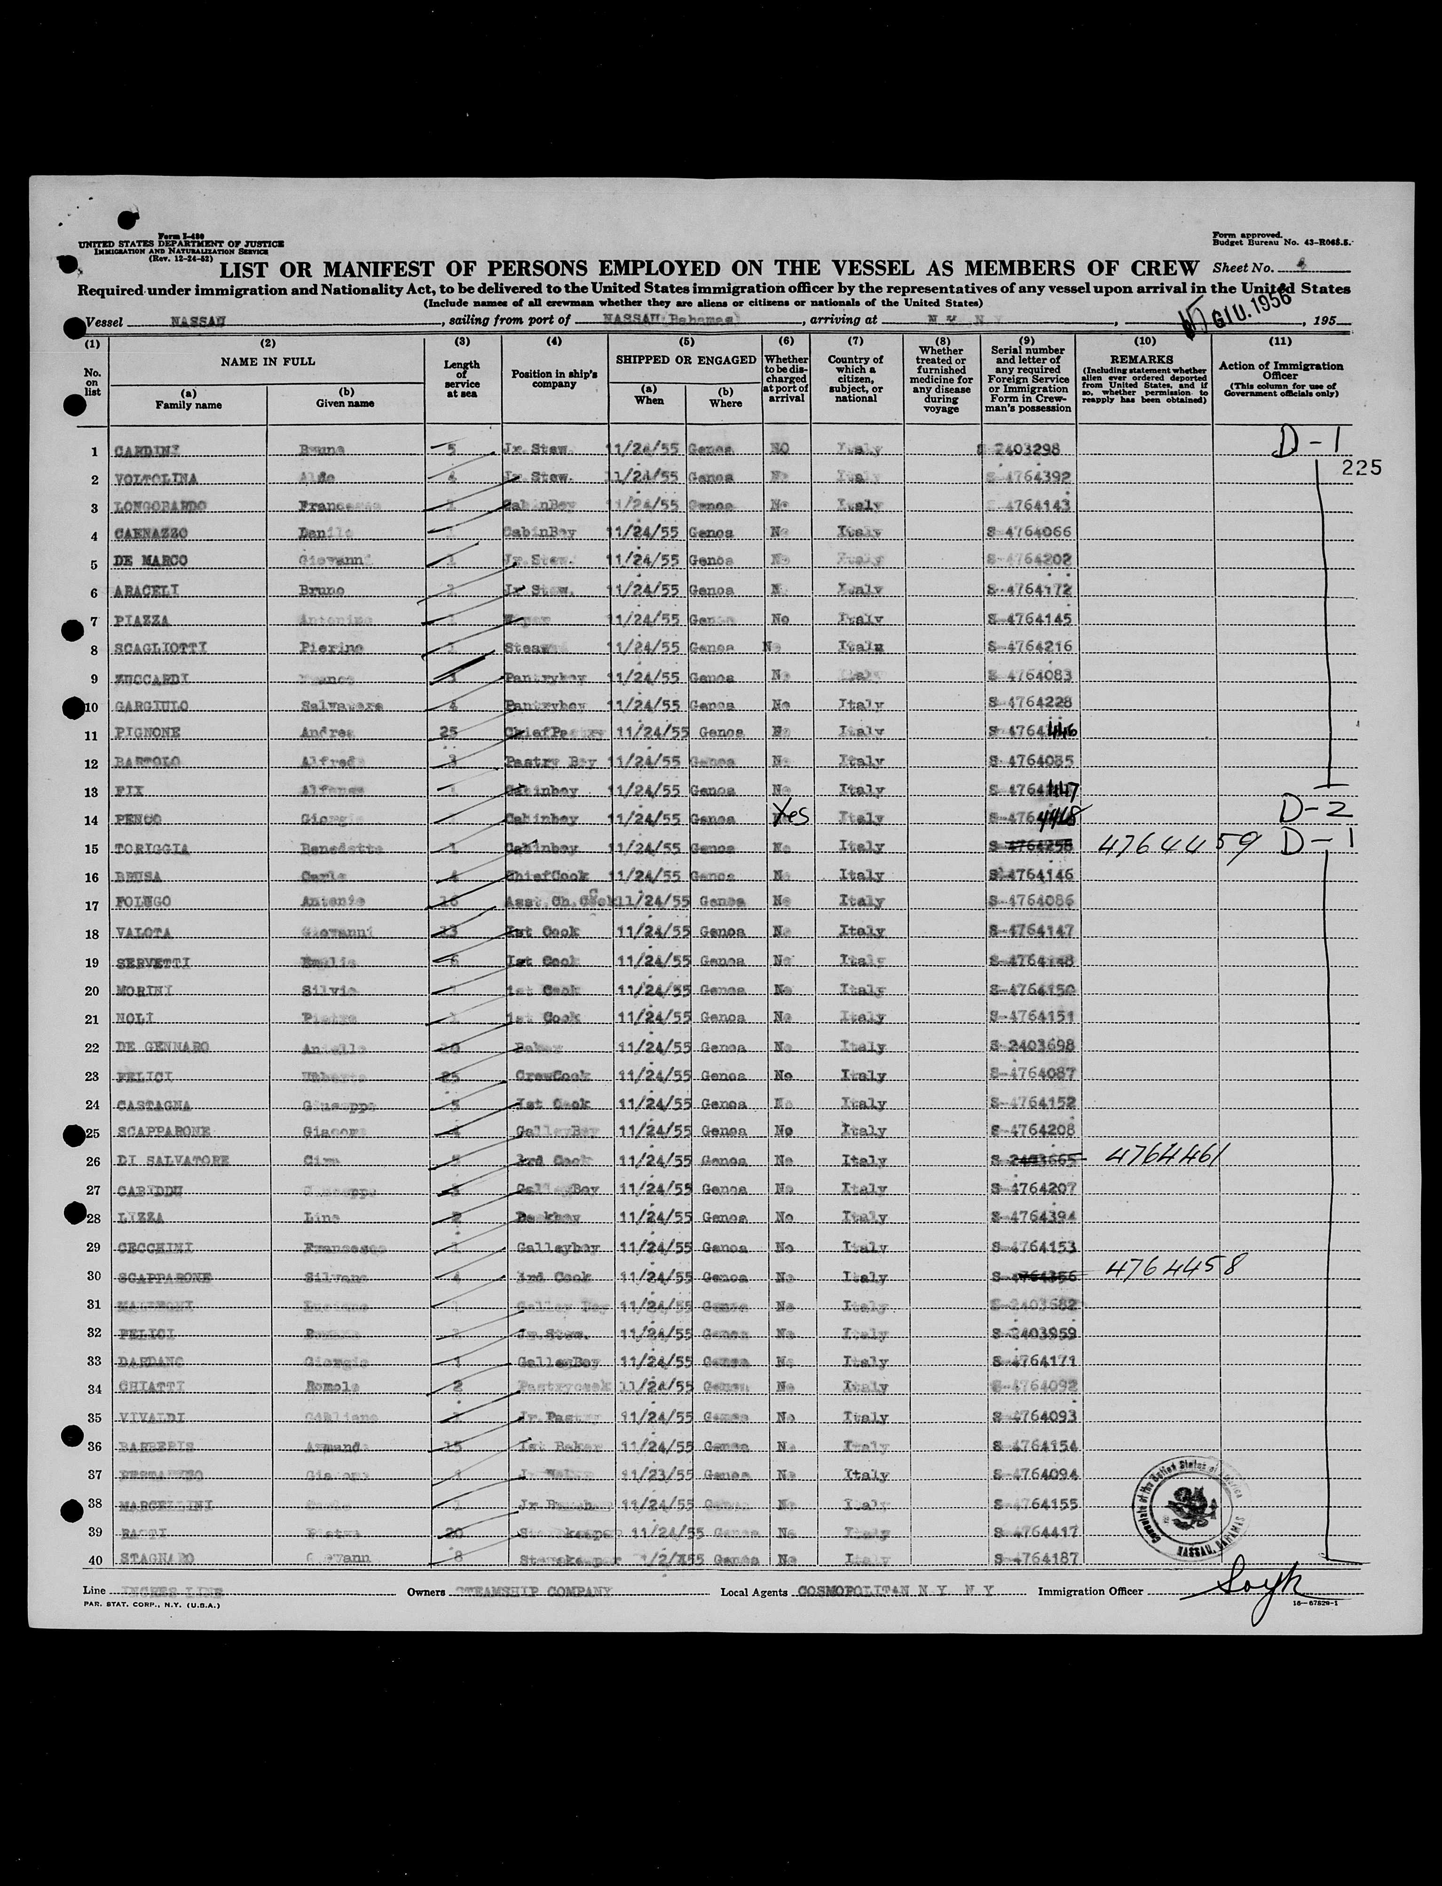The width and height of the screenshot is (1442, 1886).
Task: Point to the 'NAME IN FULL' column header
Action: click(x=268, y=362)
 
